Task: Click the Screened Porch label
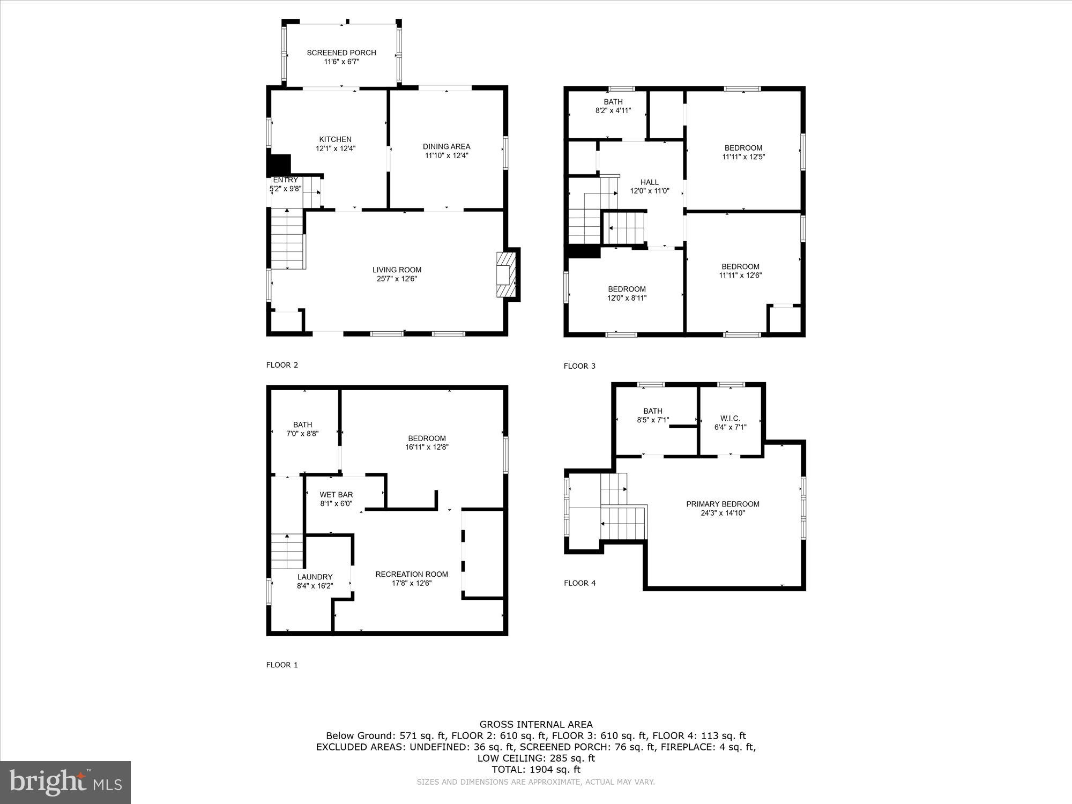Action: pyautogui.click(x=341, y=53)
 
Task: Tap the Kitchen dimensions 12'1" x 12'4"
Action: pyautogui.click(x=336, y=148)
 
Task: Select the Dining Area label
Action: pyautogui.click(x=446, y=146)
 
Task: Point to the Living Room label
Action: pyautogui.click(x=397, y=270)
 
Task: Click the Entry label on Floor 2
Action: pyautogui.click(x=285, y=180)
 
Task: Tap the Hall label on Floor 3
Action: pyautogui.click(x=649, y=182)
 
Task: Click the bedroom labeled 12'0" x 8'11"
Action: pyautogui.click(x=627, y=293)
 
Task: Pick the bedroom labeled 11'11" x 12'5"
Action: pyautogui.click(x=743, y=152)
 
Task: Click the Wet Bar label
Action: pyautogui.click(x=336, y=495)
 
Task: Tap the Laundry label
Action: pyautogui.click(x=315, y=577)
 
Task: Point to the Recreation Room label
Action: pyautogui.click(x=411, y=574)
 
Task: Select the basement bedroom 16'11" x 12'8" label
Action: pyautogui.click(x=427, y=442)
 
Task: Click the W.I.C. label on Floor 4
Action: pyautogui.click(x=730, y=418)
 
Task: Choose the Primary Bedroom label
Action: pyautogui.click(x=723, y=504)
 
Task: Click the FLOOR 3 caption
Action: pyautogui.click(x=579, y=366)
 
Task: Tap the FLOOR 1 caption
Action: pyautogui.click(x=282, y=665)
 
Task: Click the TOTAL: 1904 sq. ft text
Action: pyautogui.click(x=536, y=769)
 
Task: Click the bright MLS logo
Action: pyautogui.click(x=65, y=783)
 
